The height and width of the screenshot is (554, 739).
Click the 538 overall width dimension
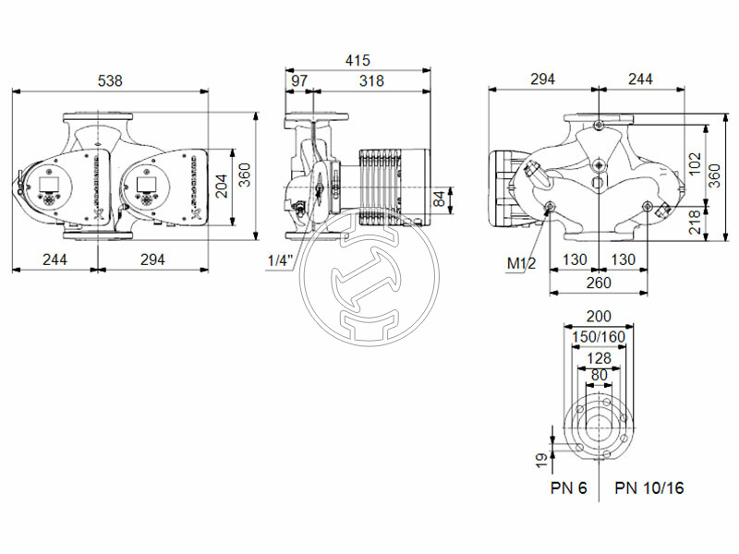[x=110, y=81]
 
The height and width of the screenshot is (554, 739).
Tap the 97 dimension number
[x=299, y=81]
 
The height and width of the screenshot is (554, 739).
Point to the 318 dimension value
[x=371, y=81]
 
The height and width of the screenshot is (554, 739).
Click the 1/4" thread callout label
[x=279, y=260]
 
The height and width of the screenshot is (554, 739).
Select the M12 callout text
[x=521, y=264]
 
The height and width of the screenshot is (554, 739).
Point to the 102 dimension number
[x=696, y=164]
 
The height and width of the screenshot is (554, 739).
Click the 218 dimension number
[x=696, y=221]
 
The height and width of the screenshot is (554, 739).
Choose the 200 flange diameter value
[x=599, y=317]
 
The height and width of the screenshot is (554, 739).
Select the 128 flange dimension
[x=599, y=356]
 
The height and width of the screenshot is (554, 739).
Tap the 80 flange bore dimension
[x=599, y=375]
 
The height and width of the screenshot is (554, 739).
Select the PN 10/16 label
[x=650, y=488]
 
